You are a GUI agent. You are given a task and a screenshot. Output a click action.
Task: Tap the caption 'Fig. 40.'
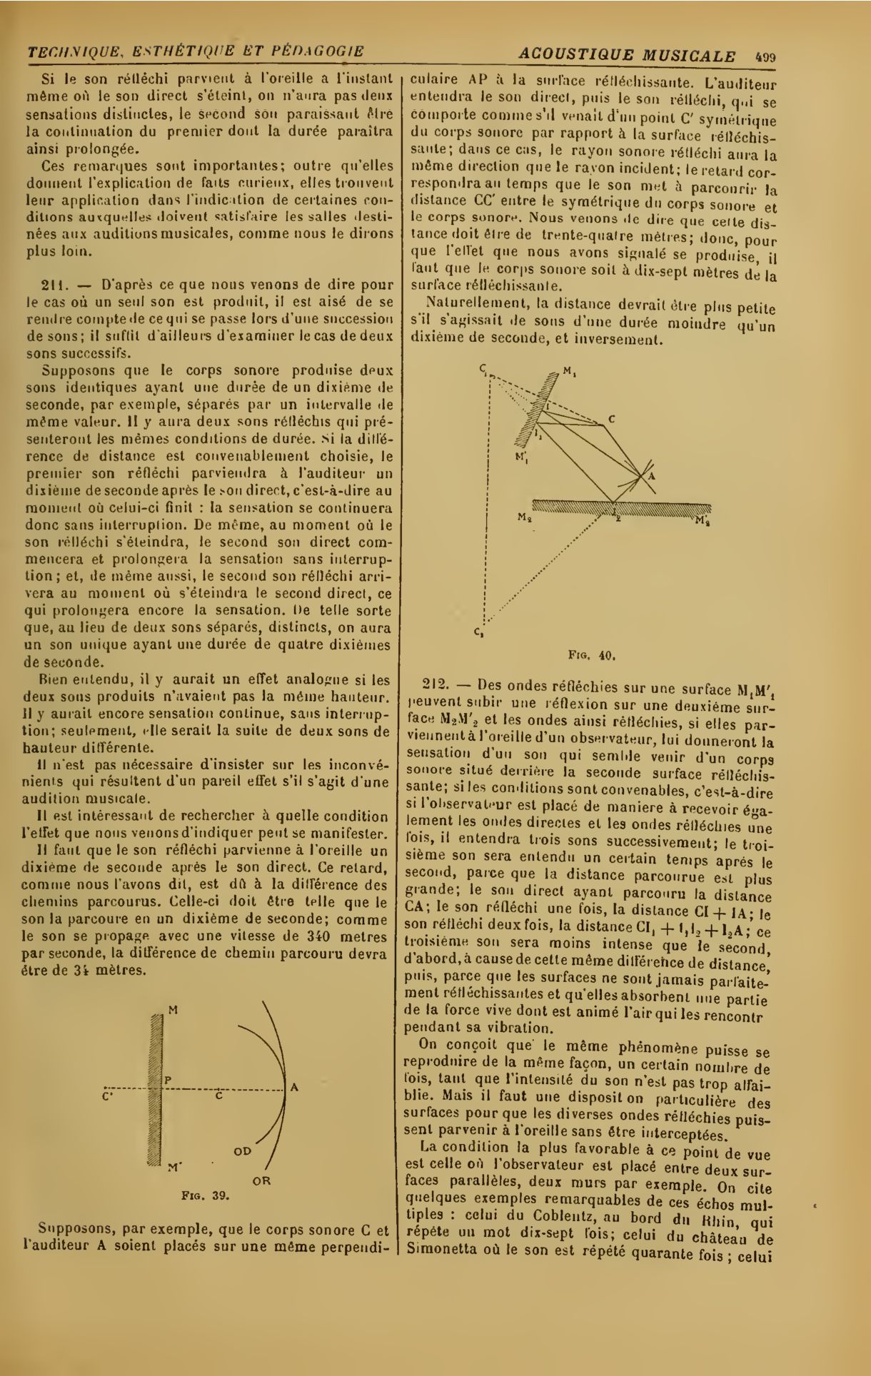(592, 653)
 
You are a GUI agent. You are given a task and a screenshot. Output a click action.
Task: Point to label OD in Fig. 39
(242, 1151)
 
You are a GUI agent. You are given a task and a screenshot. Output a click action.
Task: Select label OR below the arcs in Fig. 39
(262, 1180)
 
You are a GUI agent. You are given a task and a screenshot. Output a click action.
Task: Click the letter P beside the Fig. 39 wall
(168, 1081)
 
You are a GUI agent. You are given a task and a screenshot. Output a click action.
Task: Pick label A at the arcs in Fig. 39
(293, 1088)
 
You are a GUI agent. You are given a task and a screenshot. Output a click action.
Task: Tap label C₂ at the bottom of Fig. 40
(478, 631)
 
